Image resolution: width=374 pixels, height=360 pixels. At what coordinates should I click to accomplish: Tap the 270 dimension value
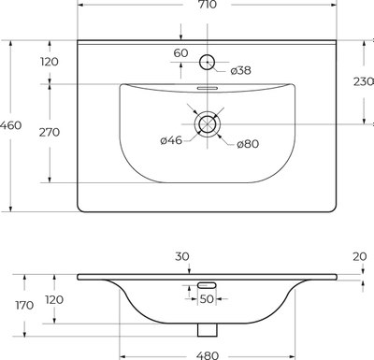point(50,132)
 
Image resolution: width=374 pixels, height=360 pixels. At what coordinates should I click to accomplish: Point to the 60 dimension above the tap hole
point(181,53)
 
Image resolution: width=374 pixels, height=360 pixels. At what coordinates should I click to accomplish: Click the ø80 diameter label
point(247,143)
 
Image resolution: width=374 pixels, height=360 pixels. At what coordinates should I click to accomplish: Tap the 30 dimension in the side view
point(181,255)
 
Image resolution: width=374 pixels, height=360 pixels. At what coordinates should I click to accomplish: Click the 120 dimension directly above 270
point(50,62)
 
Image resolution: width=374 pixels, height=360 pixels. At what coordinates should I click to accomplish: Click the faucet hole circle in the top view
point(208,62)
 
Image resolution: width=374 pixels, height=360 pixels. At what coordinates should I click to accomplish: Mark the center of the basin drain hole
point(208,122)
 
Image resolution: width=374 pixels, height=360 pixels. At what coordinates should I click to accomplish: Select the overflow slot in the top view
point(208,89)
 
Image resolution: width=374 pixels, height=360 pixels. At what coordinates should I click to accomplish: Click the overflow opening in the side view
point(208,284)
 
